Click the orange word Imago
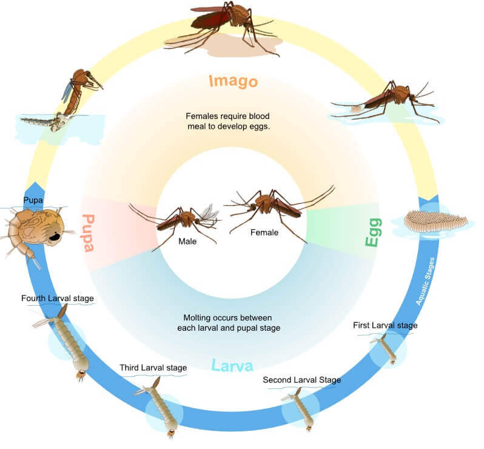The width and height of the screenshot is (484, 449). coord(233,81)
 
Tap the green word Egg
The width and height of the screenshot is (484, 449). coord(374,232)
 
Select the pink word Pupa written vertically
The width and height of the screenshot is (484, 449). coord(89,233)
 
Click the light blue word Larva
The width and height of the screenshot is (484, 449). coord(232,366)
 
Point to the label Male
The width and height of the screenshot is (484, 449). coord(187,241)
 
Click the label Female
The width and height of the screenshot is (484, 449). coord(264,232)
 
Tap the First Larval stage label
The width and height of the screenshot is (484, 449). coord(385,325)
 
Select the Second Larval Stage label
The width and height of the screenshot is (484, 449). coord(302,380)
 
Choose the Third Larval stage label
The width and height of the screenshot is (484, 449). coord(153,368)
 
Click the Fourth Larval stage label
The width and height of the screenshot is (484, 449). coord(58,299)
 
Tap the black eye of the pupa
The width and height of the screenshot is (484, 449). coord(55,237)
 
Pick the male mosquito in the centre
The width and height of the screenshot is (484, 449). coord(184,221)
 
